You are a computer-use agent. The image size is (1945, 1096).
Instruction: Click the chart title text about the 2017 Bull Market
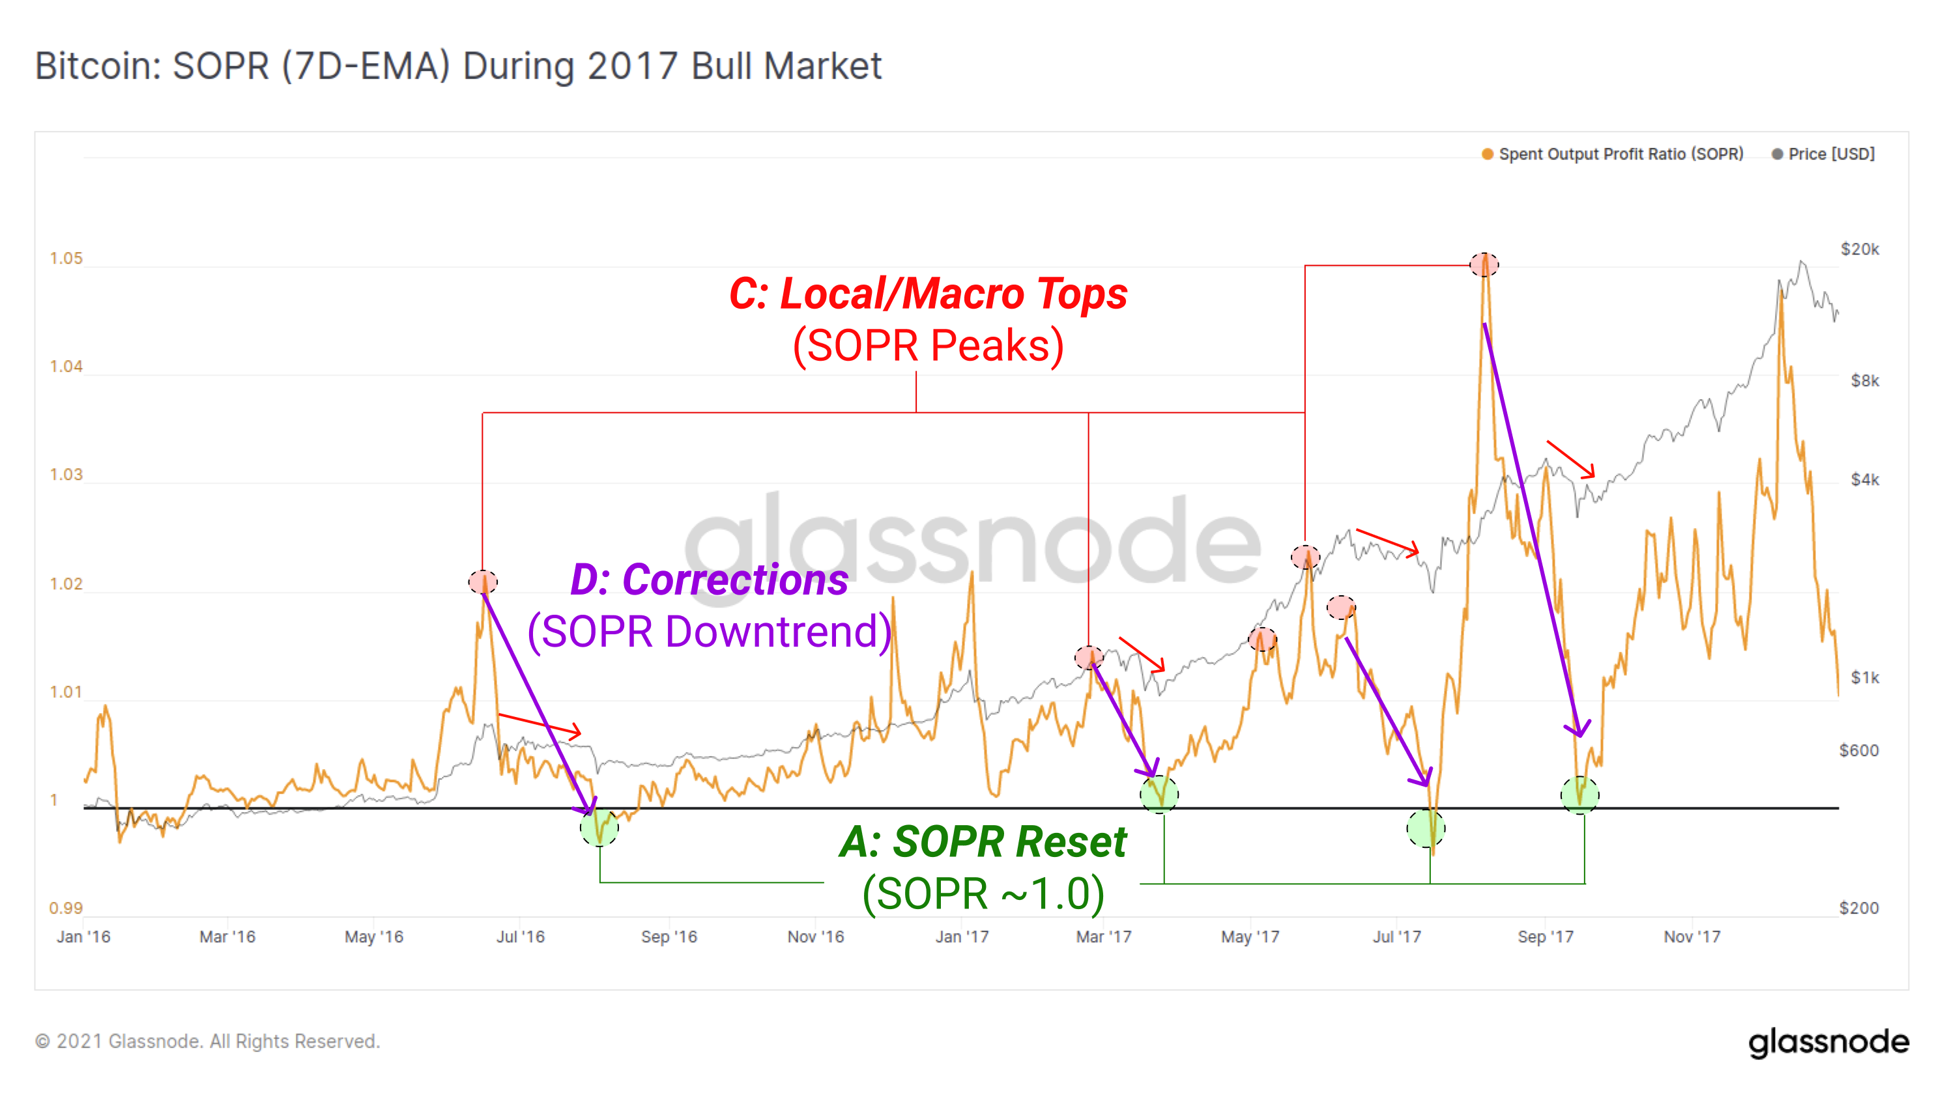[457, 66]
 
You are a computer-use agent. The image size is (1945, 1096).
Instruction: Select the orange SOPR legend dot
[1488, 154]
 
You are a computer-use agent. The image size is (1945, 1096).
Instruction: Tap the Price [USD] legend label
[1831, 154]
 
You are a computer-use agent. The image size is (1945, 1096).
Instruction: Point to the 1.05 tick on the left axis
[66, 259]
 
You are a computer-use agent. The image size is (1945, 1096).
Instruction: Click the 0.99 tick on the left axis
[66, 908]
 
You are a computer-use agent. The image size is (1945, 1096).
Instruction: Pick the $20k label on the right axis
[1859, 249]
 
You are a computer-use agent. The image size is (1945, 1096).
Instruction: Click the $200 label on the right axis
[1858, 908]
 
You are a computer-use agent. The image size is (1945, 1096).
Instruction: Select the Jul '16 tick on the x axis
[520, 936]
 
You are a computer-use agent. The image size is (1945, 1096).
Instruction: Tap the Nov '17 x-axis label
[1692, 936]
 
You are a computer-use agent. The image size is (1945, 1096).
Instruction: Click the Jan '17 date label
[961, 936]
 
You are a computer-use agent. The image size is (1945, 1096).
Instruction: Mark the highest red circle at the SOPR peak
[1484, 264]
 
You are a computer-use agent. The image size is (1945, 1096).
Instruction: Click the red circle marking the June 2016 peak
[482, 582]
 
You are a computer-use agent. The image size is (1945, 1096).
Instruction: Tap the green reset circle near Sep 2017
[1579, 794]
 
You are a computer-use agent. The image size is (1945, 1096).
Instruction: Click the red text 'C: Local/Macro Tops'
[928, 294]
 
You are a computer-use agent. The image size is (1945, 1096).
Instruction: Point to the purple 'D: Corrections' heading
[709, 580]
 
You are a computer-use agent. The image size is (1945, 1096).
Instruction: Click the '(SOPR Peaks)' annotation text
[928, 346]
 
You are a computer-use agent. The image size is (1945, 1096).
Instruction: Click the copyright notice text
[208, 1042]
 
